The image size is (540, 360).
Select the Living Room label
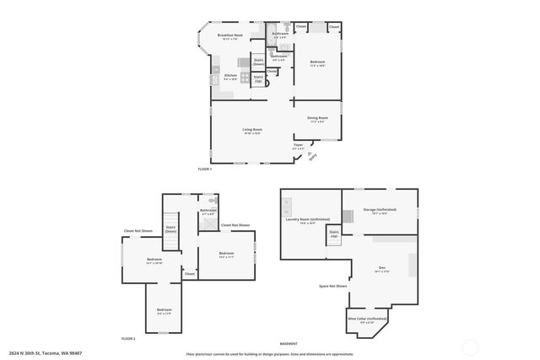point(252,130)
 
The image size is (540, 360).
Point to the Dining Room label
point(317,120)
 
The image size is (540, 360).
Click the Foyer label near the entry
point(298,146)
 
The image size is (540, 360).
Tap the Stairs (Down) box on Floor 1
point(258,62)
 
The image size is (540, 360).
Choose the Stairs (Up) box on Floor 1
point(258,78)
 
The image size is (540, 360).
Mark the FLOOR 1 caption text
point(204,169)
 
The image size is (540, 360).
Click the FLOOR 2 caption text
point(128,337)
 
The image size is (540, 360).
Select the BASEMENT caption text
point(289,344)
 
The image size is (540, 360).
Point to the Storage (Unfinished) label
point(378,210)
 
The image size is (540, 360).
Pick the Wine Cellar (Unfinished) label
point(367,319)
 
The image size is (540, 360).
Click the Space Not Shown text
point(333,286)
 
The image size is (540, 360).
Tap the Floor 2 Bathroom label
point(208,211)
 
